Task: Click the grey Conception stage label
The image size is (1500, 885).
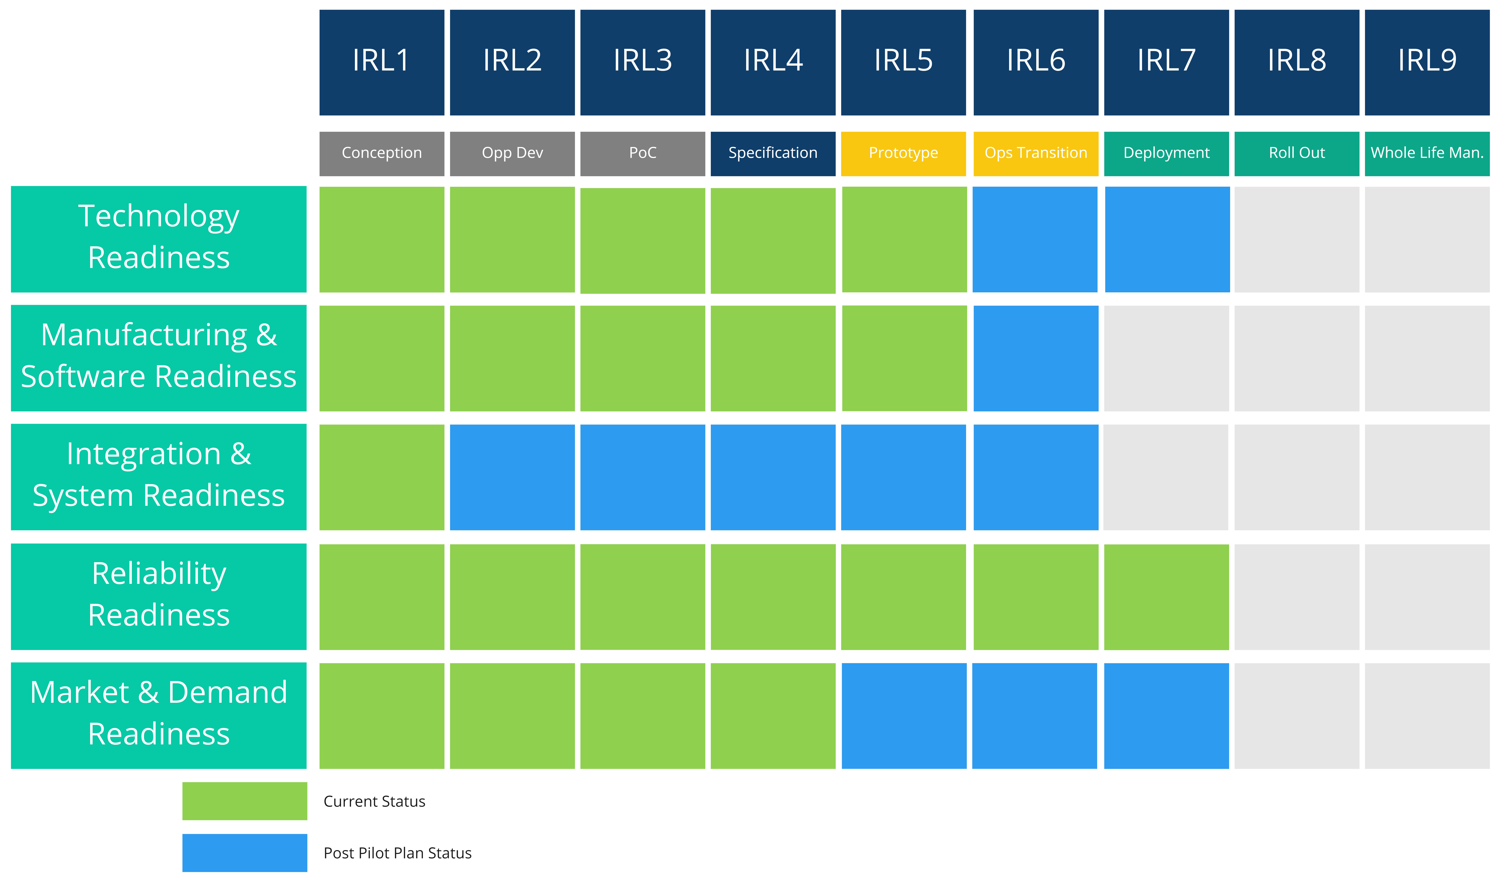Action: (x=382, y=154)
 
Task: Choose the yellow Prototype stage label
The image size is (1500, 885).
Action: (x=903, y=154)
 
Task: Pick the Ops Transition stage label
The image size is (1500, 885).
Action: (x=1036, y=154)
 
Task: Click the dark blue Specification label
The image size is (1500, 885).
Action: (x=773, y=154)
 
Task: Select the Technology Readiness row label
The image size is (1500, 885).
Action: (x=159, y=239)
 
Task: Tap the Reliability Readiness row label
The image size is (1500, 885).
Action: (x=159, y=596)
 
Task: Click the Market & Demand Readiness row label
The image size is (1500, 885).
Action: (x=159, y=716)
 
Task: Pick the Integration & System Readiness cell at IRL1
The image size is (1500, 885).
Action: (x=382, y=477)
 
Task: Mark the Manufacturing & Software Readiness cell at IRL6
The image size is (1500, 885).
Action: (x=1036, y=358)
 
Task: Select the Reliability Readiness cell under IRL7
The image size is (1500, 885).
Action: (x=1166, y=597)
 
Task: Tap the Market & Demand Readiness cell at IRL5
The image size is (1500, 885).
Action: (x=904, y=716)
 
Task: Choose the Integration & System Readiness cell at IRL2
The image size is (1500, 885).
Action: (x=512, y=477)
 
